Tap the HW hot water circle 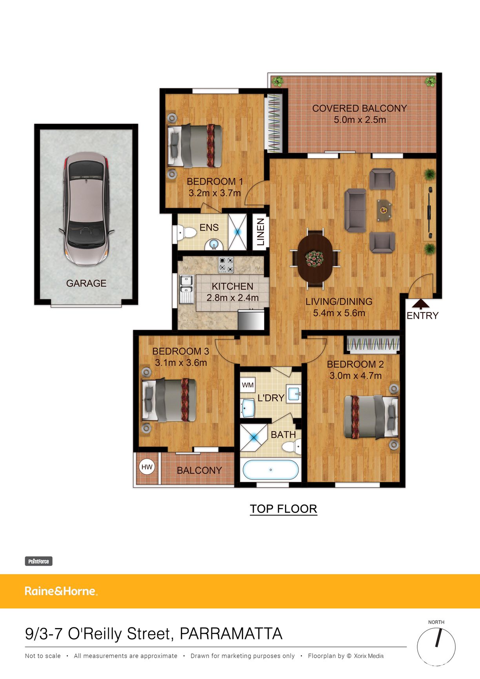(x=147, y=467)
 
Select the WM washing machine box (x=247, y=385)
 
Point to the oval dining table (x=315, y=258)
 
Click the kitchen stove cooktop (x=226, y=265)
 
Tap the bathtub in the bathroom (x=271, y=470)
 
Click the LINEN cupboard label (x=260, y=232)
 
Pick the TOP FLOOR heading (x=284, y=509)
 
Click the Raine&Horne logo (x=61, y=591)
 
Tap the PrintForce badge (x=39, y=561)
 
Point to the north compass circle (x=436, y=647)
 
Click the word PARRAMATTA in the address (x=231, y=634)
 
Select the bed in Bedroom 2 (x=371, y=417)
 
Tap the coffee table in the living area (x=384, y=211)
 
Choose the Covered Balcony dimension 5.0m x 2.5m (x=360, y=120)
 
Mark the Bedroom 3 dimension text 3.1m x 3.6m (x=181, y=363)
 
